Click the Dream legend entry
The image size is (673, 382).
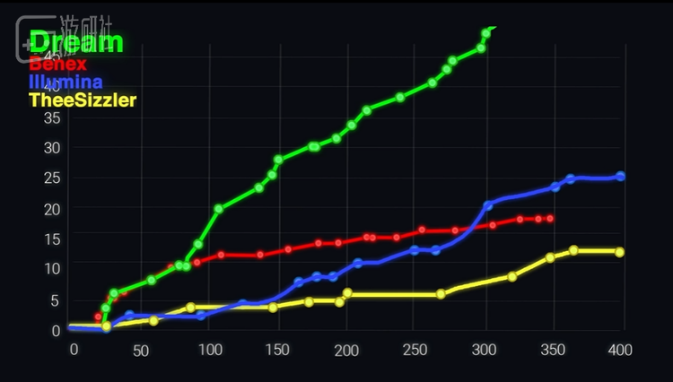pos(75,42)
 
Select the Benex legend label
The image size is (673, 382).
pos(57,64)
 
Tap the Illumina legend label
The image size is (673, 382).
pos(66,82)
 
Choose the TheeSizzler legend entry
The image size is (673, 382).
pos(83,100)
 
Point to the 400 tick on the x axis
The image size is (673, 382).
pos(621,349)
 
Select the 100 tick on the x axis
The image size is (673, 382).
pos(212,349)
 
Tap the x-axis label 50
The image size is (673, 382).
pos(142,349)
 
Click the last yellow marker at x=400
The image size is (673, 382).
pos(619,252)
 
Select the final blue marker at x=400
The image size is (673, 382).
pos(620,177)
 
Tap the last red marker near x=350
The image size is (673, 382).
pos(549,219)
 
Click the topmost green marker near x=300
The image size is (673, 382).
pos(486,33)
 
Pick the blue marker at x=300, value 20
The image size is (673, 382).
pos(488,205)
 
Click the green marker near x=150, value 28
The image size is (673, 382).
pos(278,160)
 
